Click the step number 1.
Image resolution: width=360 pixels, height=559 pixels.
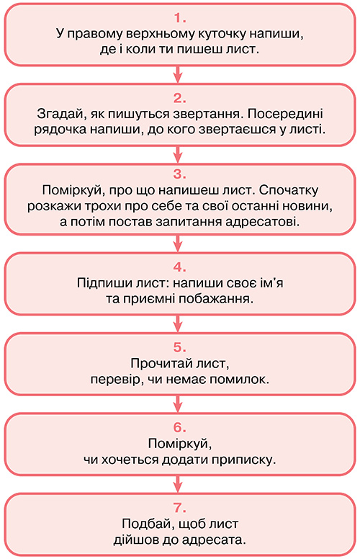click(180, 18)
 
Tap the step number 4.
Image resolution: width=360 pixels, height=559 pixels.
click(180, 267)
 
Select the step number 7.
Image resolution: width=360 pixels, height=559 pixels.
click(180, 508)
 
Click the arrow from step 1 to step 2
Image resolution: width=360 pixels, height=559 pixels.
click(178, 74)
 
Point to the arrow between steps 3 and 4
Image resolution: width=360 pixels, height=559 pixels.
click(178, 243)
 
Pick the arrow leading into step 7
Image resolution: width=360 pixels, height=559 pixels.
click(178, 484)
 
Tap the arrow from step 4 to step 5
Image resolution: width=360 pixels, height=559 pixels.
click(178, 323)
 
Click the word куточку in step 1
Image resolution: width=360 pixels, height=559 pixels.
click(221, 35)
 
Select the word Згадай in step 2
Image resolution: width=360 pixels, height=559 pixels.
click(62, 114)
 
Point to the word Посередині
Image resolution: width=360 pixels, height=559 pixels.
click(285, 114)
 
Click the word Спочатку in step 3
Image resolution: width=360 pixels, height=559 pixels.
click(289, 190)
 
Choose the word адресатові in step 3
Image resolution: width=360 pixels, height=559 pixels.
click(263, 222)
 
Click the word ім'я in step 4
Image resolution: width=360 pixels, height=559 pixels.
click(272, 283)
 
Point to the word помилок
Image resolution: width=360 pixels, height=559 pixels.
click(239, 379)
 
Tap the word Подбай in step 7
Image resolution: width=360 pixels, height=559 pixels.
click(144, 524)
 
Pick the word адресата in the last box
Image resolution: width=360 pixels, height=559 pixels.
click(215, 540)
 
